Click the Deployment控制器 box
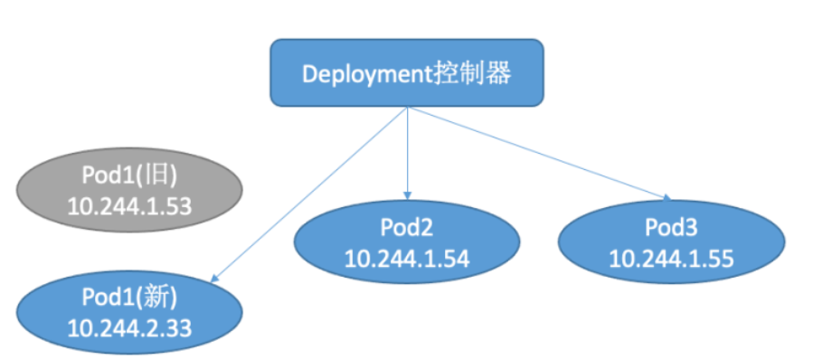(x=407, y=72)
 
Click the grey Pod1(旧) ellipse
(x=129, y=188)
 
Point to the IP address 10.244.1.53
(x=129, y=205)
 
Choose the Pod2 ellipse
(x=408, y=242)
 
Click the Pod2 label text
(x=408, y=227)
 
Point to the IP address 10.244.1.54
(x=408, y=259)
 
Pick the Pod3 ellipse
(x=670, y=242)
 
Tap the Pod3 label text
(x=670, y=227)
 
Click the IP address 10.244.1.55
(x=670, y=259)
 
